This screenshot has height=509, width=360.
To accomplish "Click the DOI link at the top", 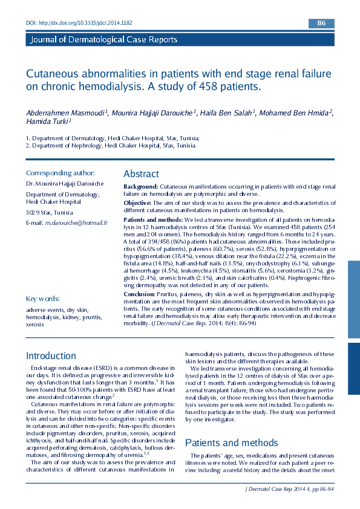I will pos(79,22).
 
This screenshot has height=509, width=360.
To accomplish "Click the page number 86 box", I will pos(321,23).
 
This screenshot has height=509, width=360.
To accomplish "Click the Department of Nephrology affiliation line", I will pos(111,145).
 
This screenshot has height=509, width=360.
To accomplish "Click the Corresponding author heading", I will pos(60,173).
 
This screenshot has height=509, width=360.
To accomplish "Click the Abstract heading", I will pos(141,174).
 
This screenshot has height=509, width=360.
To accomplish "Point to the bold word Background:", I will pos(140,187).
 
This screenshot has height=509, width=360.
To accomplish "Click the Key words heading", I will pos(42,299).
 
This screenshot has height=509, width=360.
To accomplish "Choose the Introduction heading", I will pos(51,356).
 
